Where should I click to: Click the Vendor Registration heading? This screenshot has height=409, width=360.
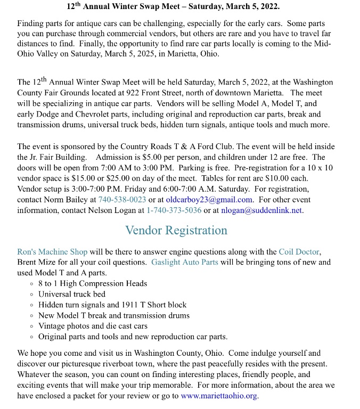click(x=176, y=231)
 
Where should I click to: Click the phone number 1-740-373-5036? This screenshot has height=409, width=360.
click(x=174, y=210)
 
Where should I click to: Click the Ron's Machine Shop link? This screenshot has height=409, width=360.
click(x=53, y=252)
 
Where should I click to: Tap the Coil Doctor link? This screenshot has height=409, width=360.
click(x=299, y=252)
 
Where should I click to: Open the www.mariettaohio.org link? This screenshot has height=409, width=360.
click(x=219, y=396)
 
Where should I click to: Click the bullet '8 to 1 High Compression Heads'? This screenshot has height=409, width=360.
click(x=93, y=283)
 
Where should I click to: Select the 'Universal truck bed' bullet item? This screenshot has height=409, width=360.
click(x=72, y=294)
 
